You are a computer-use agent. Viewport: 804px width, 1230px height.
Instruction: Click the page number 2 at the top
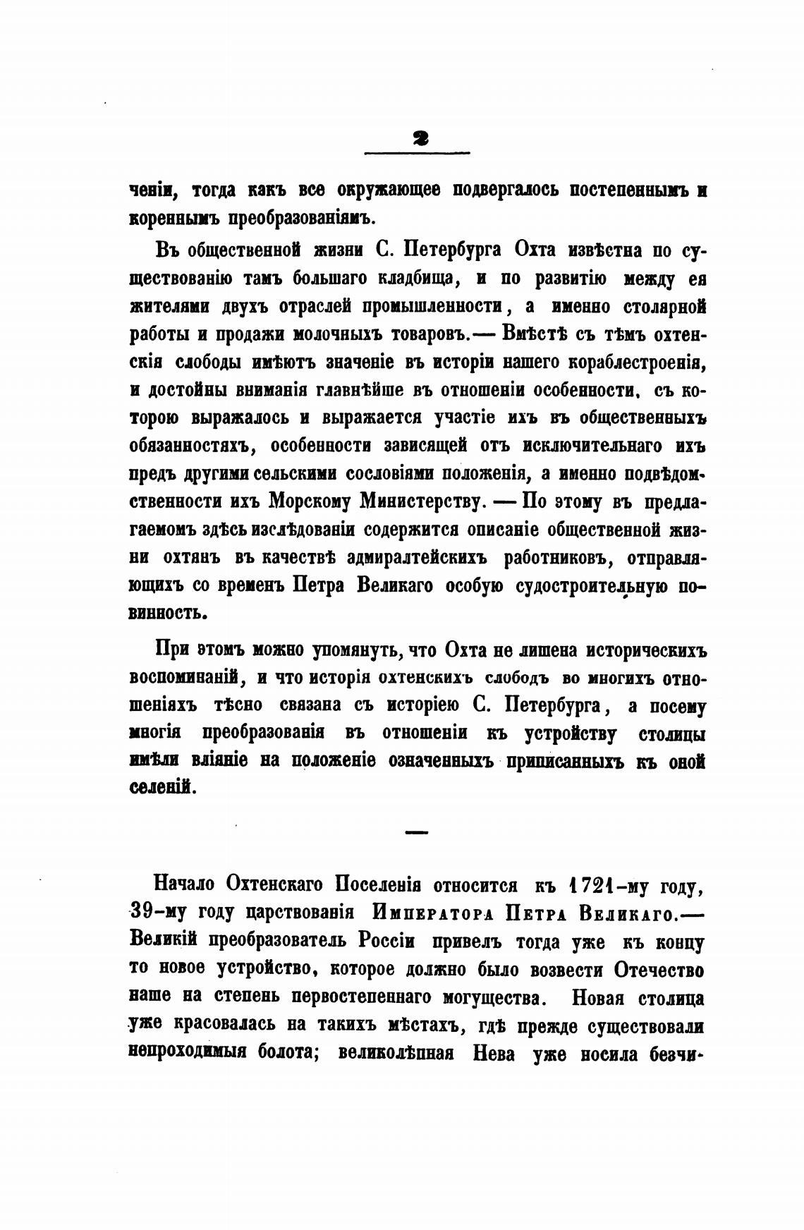418,139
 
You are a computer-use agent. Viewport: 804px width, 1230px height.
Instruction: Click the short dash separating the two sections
418,833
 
